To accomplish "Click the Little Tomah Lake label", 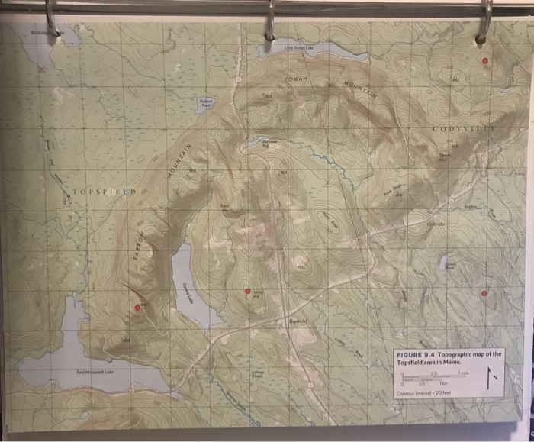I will coord(299,47).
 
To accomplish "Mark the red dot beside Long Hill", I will coord(246,291).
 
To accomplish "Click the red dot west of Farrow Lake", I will coord(137,308).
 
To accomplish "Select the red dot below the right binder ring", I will coord(483,60).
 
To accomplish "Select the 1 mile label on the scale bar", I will coord(465,372).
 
